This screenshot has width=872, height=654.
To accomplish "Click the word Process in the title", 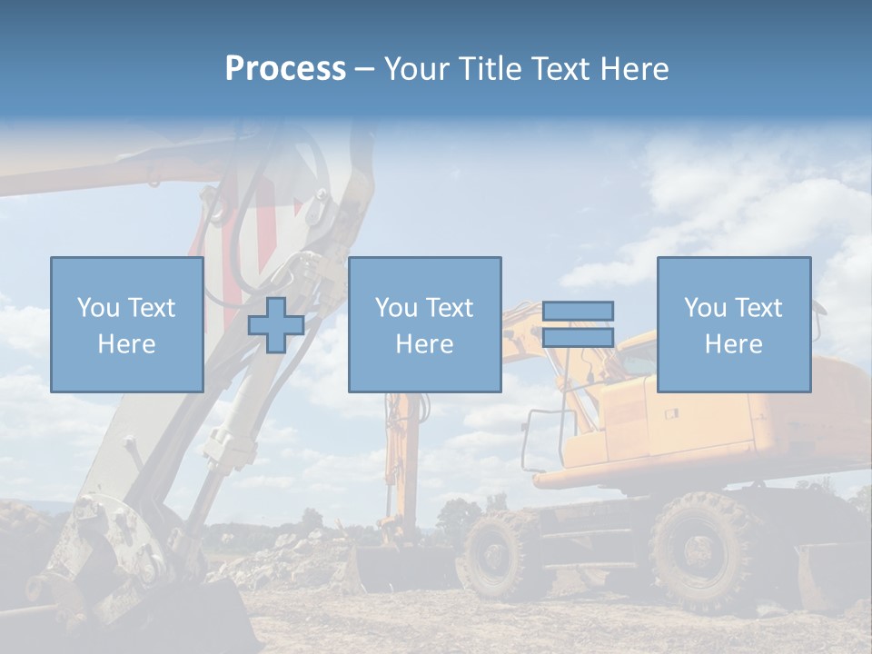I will (285, 69).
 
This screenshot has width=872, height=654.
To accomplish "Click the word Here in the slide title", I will (633, 69).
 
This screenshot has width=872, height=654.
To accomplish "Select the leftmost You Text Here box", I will (127, 324).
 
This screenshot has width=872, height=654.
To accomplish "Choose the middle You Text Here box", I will (424, 324).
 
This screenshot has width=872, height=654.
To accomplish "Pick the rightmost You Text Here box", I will (733, 324).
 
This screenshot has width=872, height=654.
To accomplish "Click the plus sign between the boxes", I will (276, 325).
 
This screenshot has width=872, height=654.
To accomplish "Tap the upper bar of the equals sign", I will (578, 311).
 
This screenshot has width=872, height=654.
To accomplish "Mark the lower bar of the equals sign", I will (578, 338).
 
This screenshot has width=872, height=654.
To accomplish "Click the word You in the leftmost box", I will (98, 308).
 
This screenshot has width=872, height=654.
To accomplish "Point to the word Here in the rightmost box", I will (733, 344).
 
